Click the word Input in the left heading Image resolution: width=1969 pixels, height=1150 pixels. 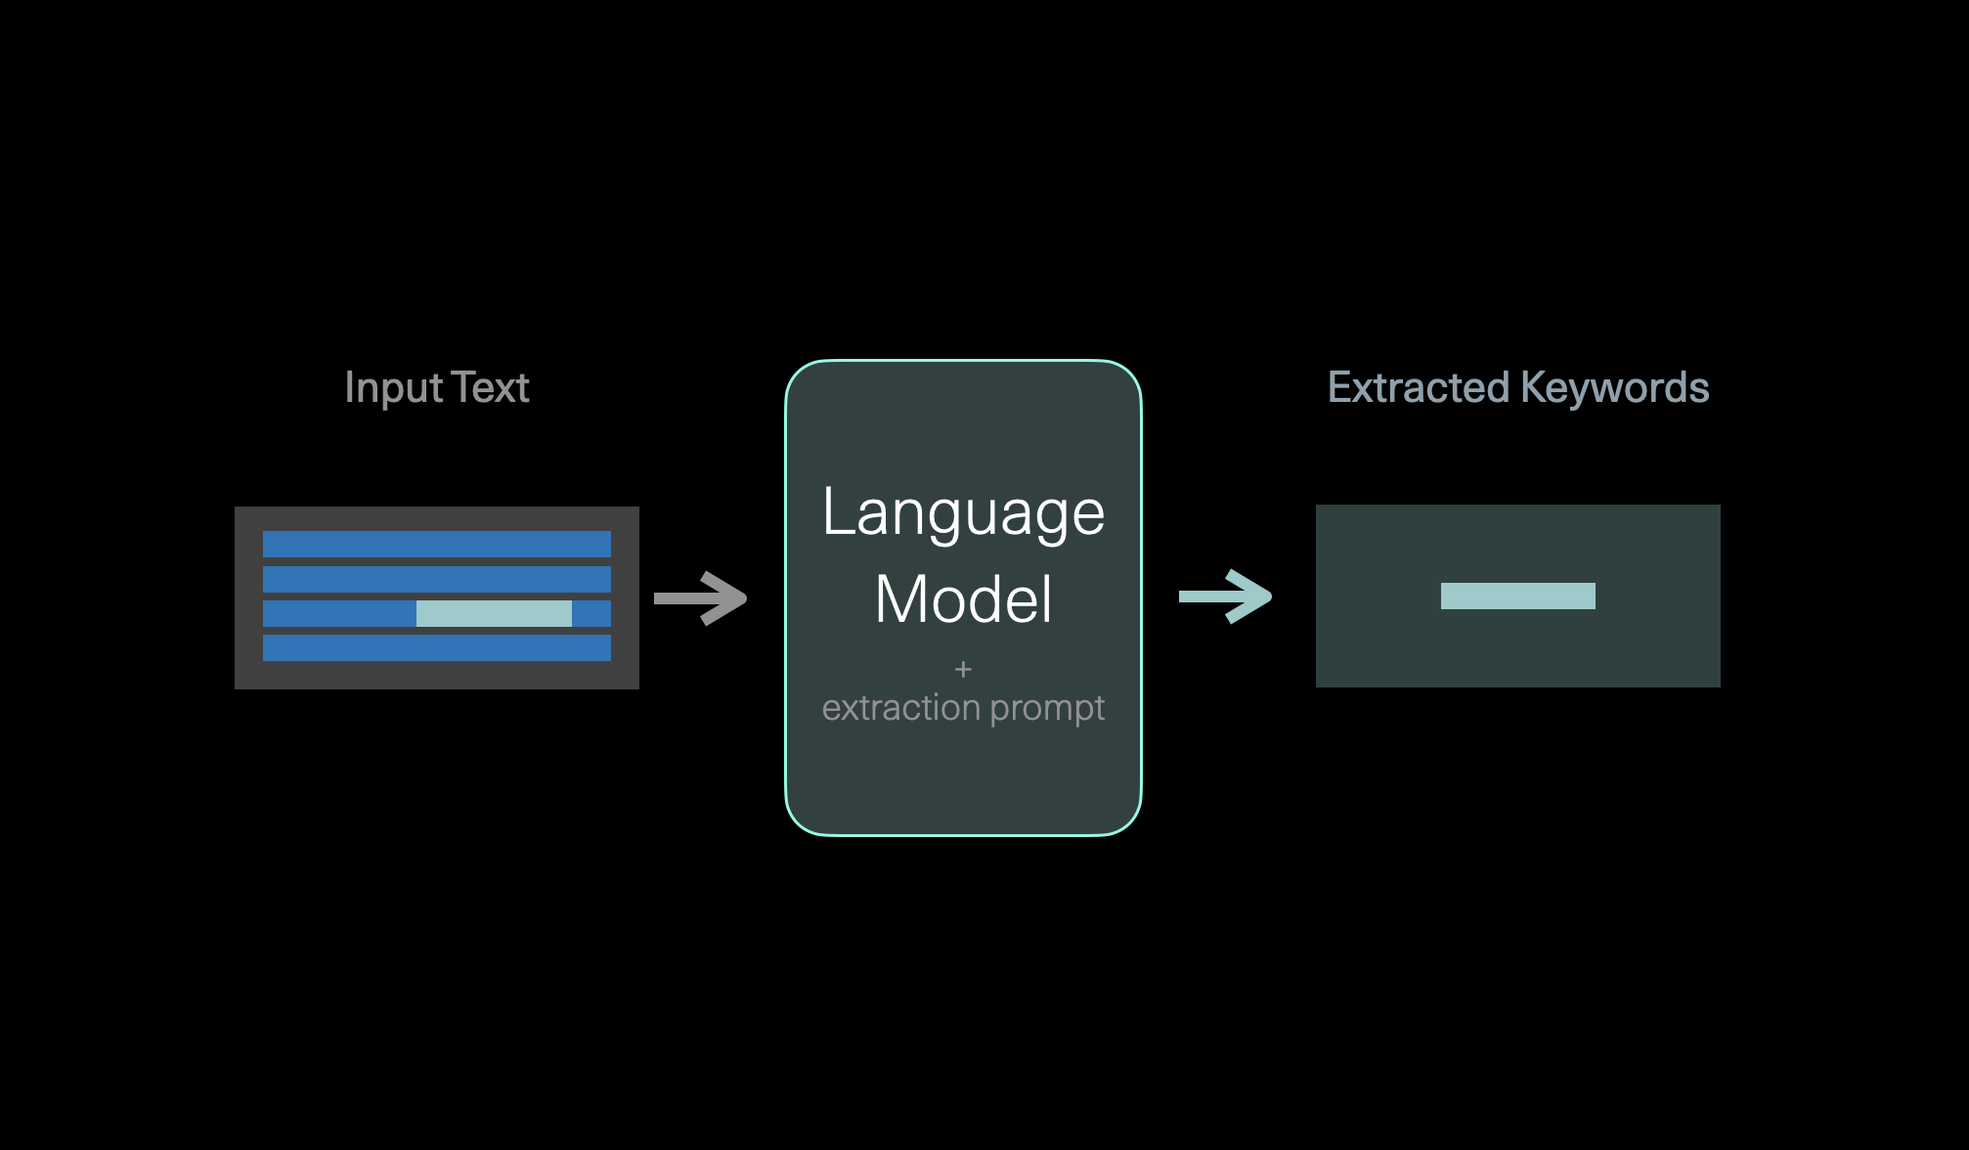click(x=394, y=388)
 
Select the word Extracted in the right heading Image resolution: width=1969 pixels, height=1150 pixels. click(x=1419, y=388)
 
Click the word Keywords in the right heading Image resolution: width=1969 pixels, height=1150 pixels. click(x=1615, y=388)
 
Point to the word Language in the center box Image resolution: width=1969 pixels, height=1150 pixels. click(x=963, y=512)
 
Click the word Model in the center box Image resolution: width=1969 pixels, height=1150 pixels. click(x=963, y=598)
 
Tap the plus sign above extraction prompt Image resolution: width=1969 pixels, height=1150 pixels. click(x=963, y=669)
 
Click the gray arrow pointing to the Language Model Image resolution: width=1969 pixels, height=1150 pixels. click(x=701, y=597)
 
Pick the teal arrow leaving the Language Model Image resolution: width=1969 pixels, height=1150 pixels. click(x=1226, y=596)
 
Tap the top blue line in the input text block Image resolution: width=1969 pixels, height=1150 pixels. click(x=436, y=544)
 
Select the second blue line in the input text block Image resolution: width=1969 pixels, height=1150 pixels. click(x=436, y=579)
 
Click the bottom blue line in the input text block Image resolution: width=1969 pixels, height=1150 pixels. click(x=436, y=647)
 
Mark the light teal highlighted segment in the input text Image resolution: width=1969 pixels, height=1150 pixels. click(x=494, y=613)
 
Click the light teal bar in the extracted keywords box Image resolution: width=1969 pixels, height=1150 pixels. click(x=1517, y=596)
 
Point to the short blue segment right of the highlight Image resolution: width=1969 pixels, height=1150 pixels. click(x=591, y=613)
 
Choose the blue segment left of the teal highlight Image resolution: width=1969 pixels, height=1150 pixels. click(x=339, y=613)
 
